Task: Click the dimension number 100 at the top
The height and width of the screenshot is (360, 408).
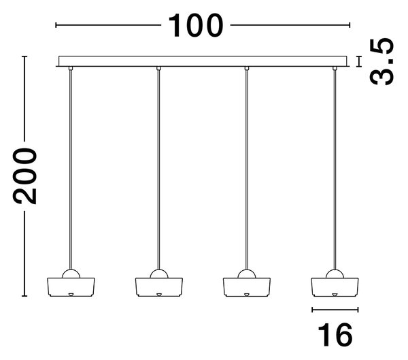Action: coord(196,26)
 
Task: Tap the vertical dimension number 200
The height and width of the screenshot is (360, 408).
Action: coord(25,176)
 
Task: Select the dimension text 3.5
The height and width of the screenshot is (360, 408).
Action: coord(381,61)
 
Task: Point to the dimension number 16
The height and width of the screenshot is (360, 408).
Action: coord(335,335)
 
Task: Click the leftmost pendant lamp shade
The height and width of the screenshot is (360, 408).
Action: coord(71,287)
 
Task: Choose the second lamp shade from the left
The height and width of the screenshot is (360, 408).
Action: coord(158,287)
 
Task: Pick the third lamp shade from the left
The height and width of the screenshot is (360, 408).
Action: coord(247,287)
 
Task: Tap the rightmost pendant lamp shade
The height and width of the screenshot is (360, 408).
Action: coord(335,287)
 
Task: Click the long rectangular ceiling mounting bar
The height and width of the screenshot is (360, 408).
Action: coord(203,61)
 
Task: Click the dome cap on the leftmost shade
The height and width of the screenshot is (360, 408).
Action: coord(71,274)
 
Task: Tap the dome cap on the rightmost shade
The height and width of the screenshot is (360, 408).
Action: coord(335,274)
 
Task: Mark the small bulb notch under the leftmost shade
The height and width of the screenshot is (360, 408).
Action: coord(71,295)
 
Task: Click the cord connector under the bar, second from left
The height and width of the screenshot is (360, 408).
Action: coord(158,69)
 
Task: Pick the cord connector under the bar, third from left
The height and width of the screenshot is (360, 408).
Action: coord(247,69)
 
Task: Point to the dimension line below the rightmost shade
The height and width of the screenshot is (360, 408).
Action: coord(335,310)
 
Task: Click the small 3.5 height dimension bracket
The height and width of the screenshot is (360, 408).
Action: coord(360,61)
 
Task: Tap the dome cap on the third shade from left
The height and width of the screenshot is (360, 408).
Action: coord(247,274)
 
